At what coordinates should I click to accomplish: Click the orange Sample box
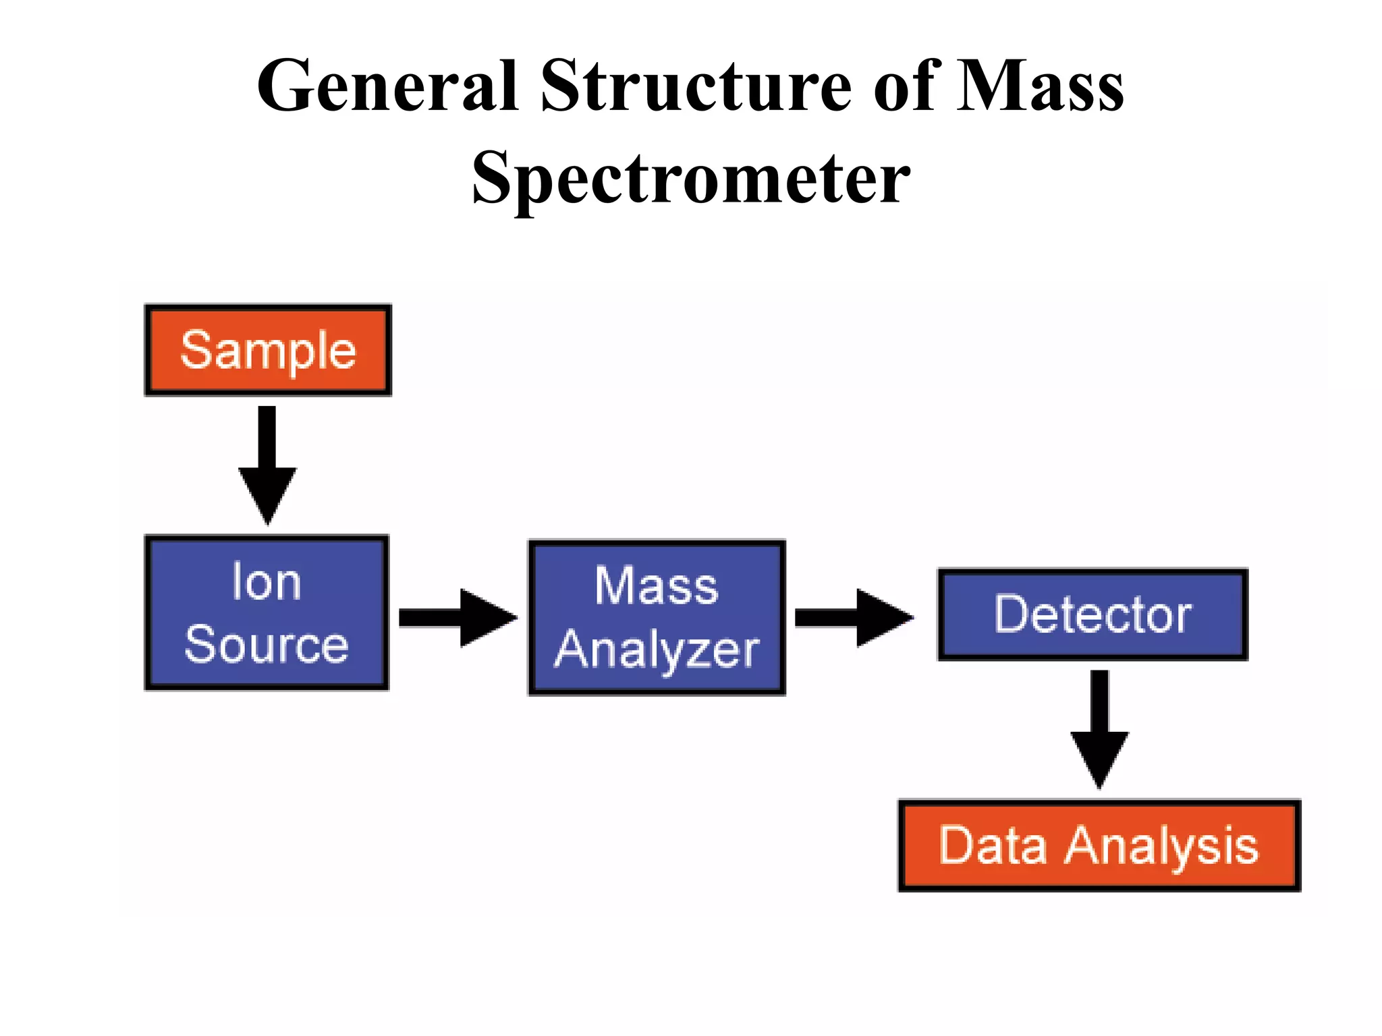coord(268,350)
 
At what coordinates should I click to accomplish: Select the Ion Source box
coord(267,613)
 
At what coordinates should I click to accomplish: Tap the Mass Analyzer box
coord(657,617)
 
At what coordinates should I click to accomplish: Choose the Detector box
coord(1093,614)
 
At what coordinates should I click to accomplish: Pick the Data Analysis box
coord(1099,846)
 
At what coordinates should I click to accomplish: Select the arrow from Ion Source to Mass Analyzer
coord(458,617)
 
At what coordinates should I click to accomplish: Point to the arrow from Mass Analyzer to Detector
coord(854,617)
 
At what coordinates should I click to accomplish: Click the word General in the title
coord(388,86)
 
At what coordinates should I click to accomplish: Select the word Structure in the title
coord(696,86)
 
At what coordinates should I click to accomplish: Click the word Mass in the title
coord(1039,86)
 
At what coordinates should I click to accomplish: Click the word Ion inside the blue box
coord(267,581)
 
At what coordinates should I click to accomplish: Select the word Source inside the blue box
coord(267,645)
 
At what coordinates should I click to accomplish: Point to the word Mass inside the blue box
coord(657,585)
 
